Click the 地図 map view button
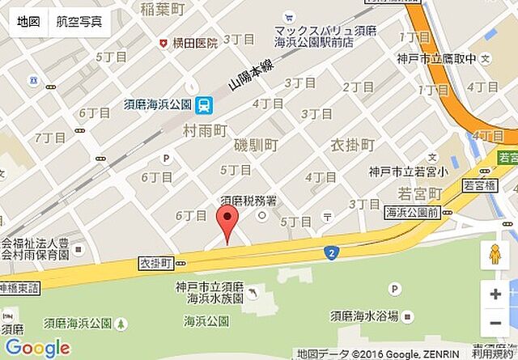point(28,22)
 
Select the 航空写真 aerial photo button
point(79,22)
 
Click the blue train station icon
point(205,104)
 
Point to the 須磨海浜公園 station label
point(157,104)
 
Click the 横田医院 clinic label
point(195,42)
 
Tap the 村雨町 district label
point(205,129)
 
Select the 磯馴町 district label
point(256,146)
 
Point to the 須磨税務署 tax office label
point(251,201)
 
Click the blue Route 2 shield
point(331,253)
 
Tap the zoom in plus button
point(495,294)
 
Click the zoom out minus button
point(495,324)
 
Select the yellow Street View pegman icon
point(495,255)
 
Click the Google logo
point(37,348)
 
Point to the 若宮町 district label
point(419,194)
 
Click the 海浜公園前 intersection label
point(411,213)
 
